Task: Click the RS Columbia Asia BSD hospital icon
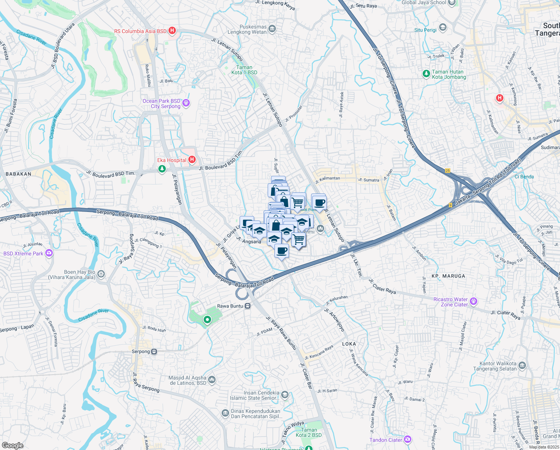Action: point(172,31)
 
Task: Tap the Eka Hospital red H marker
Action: point(192,160)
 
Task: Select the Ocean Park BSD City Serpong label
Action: point(162,104)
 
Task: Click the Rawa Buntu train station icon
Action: point(248,306)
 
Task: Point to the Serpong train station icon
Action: point(154,351)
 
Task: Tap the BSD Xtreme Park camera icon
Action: point(49,253)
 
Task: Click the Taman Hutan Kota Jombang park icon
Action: point(426,74)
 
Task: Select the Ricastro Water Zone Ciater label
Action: point(450,302)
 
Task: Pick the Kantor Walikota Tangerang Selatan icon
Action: point(523,366)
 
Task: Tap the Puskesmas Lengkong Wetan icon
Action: point(272,28)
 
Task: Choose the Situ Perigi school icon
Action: point(443,27)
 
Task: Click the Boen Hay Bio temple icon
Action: point(101,274)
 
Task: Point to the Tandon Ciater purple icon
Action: point(408,439)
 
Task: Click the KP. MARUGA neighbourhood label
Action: point(448,276)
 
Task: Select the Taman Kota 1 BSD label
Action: point(244,70)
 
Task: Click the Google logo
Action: point(13,445)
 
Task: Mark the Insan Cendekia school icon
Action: point(285,394)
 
